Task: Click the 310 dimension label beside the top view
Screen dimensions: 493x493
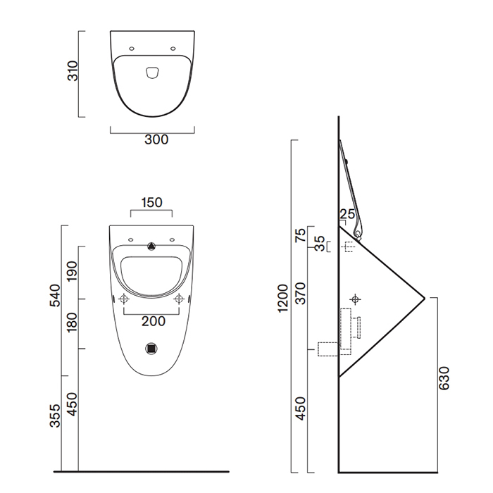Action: click(72, 73)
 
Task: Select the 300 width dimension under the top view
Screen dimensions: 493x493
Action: click(156, 139)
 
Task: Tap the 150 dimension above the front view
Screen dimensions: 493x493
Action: click(151, 202)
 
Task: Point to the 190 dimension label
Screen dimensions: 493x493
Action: click(72, 271)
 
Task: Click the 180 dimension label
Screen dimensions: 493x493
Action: click(72, 324)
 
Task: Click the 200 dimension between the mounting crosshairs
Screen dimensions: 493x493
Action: click(153, 321)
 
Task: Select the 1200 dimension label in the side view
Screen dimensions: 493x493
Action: click(283, 298)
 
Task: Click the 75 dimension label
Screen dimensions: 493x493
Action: click(300, 235)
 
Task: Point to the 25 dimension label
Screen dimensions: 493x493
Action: click(347, 214)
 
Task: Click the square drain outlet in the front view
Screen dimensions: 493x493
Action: click(151, 348)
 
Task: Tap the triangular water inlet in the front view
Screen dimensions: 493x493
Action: click(151, 246)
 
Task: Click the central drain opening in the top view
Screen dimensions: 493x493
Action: click(151, 70)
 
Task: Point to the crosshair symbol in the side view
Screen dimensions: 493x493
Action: click(356, 299)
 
